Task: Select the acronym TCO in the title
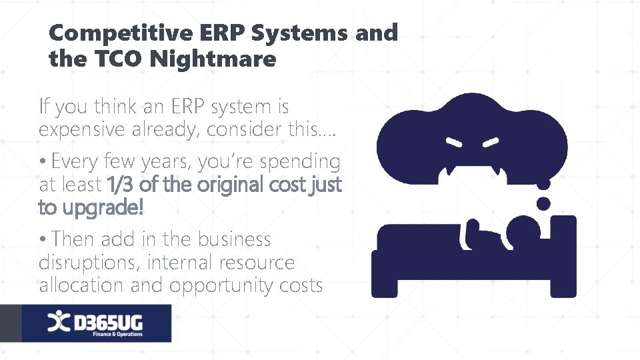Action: [x=118, y=59]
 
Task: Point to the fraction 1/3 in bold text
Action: [x=119, y=183]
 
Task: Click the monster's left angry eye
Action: [x=455, y=142]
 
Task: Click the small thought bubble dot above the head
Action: [x=544, y=203]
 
